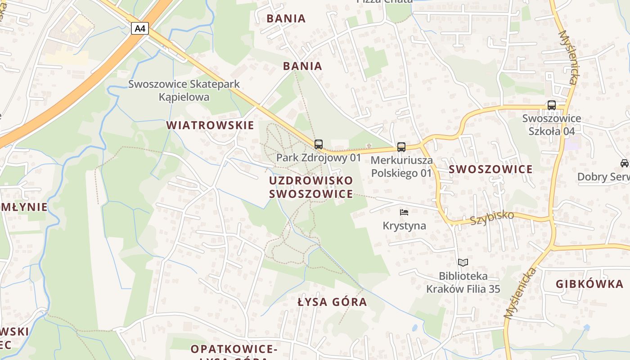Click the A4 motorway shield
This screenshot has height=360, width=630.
pos(140,29)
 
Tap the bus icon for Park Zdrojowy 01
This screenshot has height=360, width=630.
pos(319,144)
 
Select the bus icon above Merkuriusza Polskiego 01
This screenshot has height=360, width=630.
pos(401,147)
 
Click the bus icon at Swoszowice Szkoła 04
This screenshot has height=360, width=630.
pos(551,105)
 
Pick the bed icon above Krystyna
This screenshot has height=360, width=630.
pos(404,212)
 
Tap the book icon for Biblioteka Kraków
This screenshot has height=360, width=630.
pos(463,262)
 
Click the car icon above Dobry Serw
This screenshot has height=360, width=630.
pos(624,163)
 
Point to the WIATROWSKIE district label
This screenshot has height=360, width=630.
pos(210,126)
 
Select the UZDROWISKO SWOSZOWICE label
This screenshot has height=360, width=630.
pos(311,187)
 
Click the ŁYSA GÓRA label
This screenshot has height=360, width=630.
pos(332,302)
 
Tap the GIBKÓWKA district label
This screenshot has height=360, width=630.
pos(589,284)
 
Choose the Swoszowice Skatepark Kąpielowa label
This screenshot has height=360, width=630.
pos(184,90)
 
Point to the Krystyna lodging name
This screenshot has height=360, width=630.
pos(404,225)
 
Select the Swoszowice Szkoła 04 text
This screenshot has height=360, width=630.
pos(551,125)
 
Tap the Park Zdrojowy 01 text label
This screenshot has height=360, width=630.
pos(319,158)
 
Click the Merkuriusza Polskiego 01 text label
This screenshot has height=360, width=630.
pos(401,166)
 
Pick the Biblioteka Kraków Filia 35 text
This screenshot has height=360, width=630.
pos(463,282)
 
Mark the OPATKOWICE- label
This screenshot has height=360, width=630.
pos(234,349)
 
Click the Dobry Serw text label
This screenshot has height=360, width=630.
pos(603,177)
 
